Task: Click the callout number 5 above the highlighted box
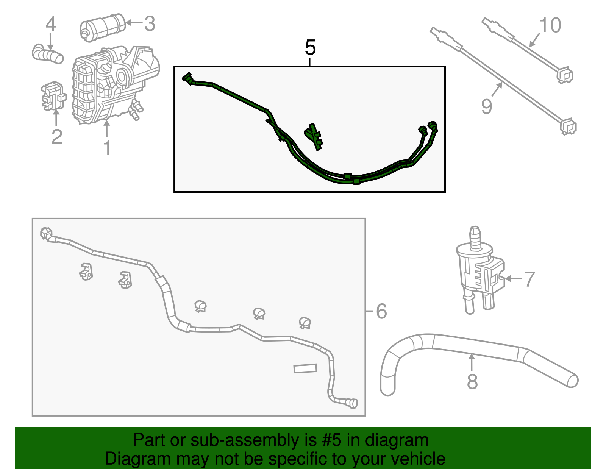310,48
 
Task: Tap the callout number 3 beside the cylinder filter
150,24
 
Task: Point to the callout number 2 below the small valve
56,137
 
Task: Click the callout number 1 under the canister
107,148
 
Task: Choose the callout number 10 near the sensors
550,25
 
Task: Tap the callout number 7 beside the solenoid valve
529,279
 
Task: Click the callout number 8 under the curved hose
472,381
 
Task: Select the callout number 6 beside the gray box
381,311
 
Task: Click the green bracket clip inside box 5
314,136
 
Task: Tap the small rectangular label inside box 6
305,368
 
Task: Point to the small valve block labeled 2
53,96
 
